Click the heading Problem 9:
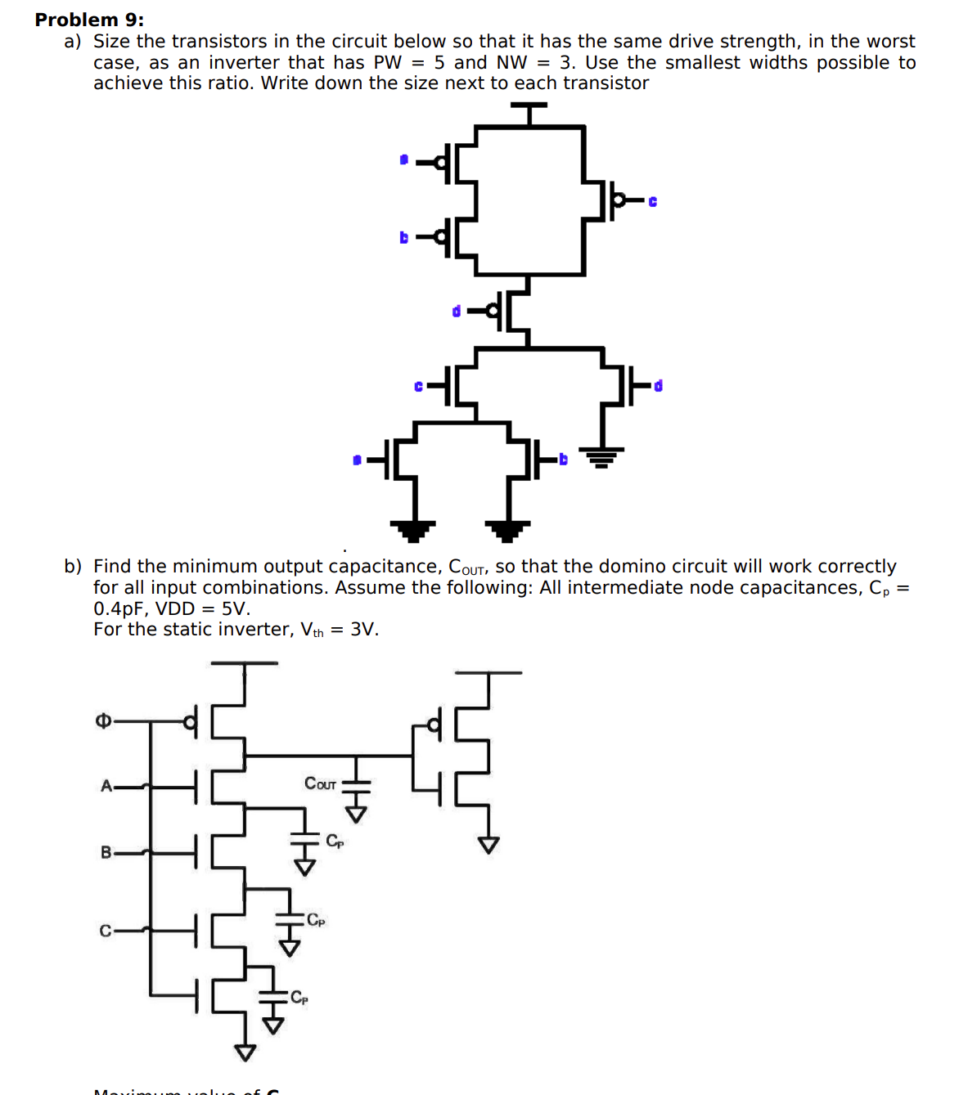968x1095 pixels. click(89, 20)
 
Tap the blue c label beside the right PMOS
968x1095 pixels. click(652, 201)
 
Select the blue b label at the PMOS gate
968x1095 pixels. click(403, 237)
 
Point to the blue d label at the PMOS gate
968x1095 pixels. click(457, 311)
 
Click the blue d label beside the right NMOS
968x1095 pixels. click(658, 385)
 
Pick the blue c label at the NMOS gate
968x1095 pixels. click(418, 386)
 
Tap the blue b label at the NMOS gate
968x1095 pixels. click(563, 460)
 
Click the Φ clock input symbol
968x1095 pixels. click(103, 720)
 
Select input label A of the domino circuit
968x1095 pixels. click(106, 786)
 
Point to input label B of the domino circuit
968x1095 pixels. click(106, 852)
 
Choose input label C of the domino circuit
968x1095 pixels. click(106, 931)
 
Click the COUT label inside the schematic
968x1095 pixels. click(320, 783)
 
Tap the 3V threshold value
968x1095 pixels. click(363, 629)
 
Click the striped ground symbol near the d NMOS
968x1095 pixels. click(601, 456)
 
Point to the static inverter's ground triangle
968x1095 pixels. click(489, 845)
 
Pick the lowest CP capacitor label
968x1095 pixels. click(299, 997)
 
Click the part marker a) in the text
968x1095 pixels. click(73, 41)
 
